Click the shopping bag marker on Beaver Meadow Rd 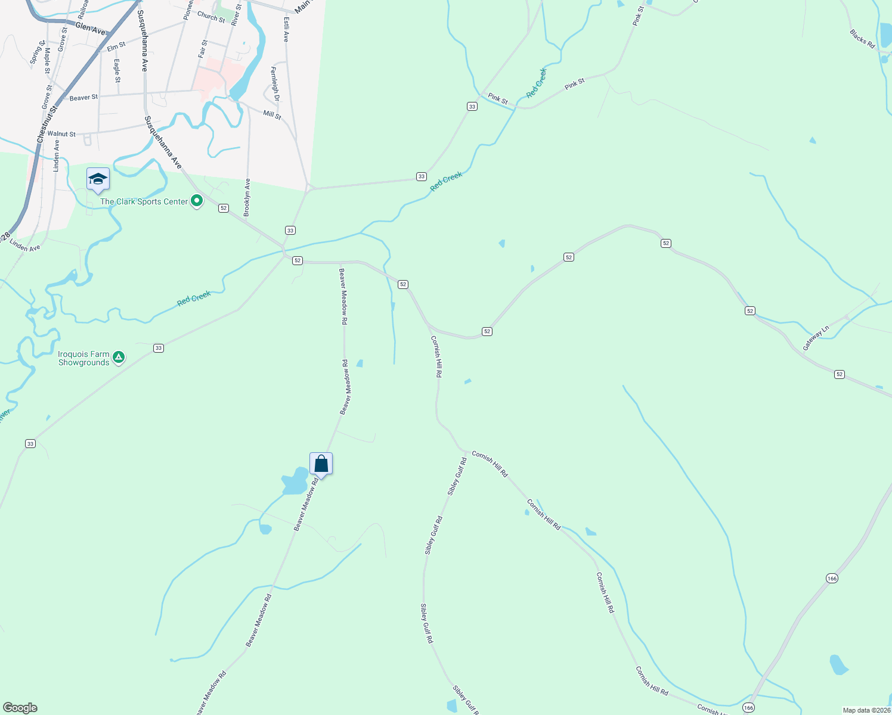321,464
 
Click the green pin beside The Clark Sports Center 197,201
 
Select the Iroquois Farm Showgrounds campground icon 119,357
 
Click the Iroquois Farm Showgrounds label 83,358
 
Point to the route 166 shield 832,579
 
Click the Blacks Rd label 862,39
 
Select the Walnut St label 61,134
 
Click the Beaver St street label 83,97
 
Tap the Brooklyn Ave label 247,197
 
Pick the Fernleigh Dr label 274,83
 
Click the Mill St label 272,114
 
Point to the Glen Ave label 91,28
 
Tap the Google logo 20,708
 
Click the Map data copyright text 866,710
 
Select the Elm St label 116,45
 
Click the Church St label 211,17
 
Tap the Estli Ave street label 287,29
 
